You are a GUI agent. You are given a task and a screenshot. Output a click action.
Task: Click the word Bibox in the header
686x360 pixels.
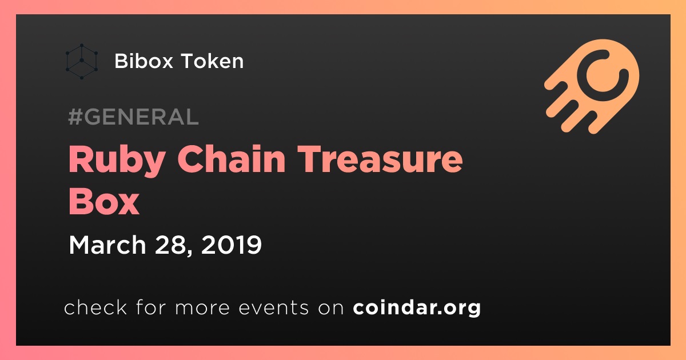point(143,61)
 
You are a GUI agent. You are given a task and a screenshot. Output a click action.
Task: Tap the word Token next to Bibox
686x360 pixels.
point(212,61)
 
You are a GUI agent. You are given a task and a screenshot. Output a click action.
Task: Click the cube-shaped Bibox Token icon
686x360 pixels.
point(82,61)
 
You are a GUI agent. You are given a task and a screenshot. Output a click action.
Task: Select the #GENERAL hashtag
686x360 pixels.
point(133,117)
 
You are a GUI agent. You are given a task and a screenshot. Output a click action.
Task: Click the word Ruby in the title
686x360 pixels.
point(118,160)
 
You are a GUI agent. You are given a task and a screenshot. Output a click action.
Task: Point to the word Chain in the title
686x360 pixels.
point(232,159)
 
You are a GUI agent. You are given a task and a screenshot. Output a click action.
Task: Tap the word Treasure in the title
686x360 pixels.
point(380,159)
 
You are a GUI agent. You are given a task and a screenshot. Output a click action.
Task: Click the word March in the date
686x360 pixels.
point(107,245)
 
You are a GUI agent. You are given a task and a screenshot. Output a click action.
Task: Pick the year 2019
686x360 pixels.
point(232,245)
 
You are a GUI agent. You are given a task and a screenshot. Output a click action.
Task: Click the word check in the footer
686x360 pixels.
point(95,307)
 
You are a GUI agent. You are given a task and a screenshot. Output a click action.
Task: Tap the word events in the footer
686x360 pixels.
point(273,307)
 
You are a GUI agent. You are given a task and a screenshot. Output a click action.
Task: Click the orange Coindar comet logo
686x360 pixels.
point(592,86)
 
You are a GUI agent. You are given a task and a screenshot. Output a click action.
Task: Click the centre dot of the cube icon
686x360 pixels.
point(82,61)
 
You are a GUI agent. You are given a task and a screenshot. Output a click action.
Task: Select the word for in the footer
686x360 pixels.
point(151,307)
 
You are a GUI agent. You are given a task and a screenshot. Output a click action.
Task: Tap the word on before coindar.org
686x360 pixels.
point(331,309)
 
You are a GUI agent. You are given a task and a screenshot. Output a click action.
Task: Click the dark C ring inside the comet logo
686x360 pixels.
point(582,77)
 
